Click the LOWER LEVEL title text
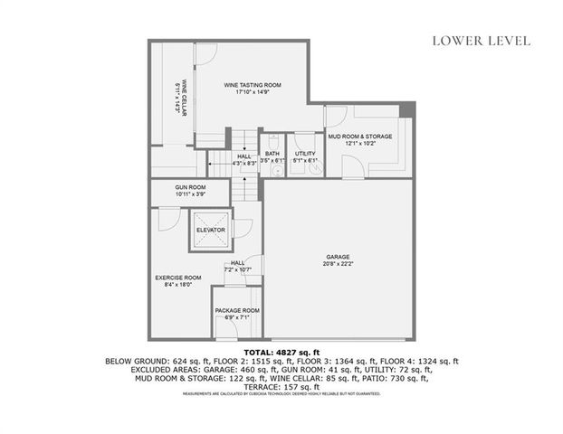pos(481,40)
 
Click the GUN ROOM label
pos(190,187)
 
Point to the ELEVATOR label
pos(210,230)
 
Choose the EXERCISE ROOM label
pos(178,278)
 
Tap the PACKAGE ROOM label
pos(237,310)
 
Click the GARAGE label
pos(338,257)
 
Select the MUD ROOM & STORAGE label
pos(359,137)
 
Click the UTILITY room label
pos(305,154)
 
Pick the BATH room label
pos(272,154)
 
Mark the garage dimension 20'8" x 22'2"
pos(338,264)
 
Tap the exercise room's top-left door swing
pos(166,217)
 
